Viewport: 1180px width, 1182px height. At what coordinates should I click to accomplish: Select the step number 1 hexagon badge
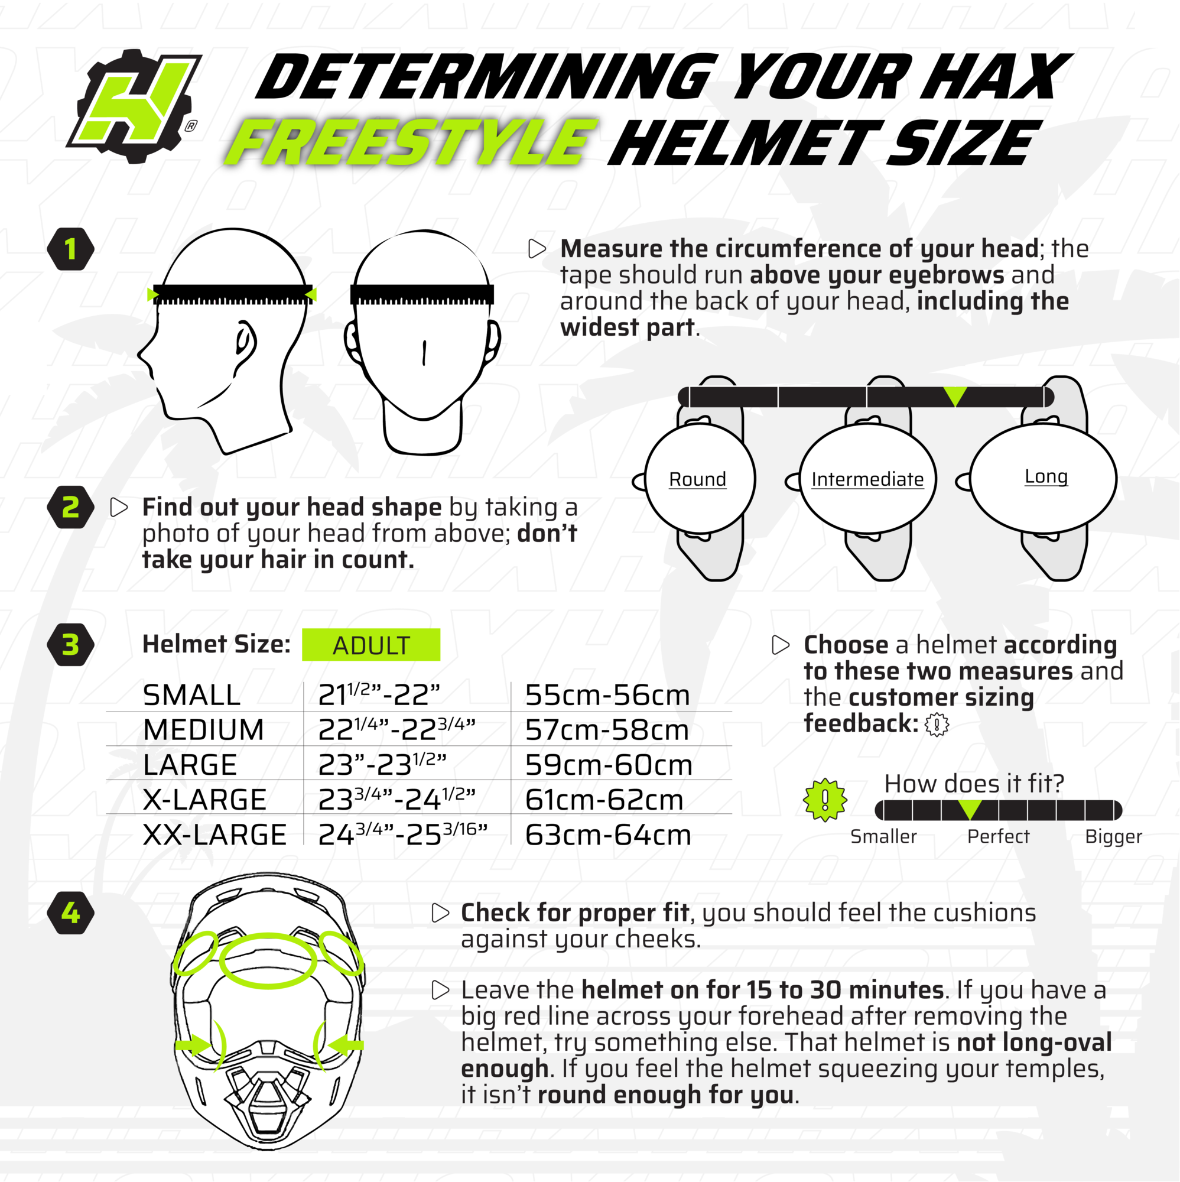[70, 249]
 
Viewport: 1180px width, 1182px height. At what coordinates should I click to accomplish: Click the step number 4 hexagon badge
[70, 913]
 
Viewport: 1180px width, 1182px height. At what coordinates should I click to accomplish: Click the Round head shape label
[697, 479]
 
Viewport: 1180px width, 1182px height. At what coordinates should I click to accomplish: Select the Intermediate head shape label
[867, 479]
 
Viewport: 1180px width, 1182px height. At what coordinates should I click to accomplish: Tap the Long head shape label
[1045, 476]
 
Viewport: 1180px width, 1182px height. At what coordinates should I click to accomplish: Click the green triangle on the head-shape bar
[954, 396]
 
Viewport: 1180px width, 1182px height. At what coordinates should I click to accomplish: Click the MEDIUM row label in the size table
[203, 730]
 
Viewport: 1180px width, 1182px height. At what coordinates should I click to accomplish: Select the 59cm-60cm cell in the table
[608, 765]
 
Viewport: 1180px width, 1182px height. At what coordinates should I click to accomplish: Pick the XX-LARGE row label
[214, 834]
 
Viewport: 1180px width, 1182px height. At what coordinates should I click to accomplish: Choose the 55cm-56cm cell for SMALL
[607, 695]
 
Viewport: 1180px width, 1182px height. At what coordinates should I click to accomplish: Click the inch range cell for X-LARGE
[396, 798]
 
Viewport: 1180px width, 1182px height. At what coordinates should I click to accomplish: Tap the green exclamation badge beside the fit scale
[825, 799]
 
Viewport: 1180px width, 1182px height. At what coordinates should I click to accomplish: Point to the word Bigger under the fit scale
[1113, 836]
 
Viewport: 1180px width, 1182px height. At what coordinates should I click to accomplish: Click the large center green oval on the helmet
[268, 960]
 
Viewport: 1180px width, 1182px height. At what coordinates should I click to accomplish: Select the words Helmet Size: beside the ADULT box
[216, 644]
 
